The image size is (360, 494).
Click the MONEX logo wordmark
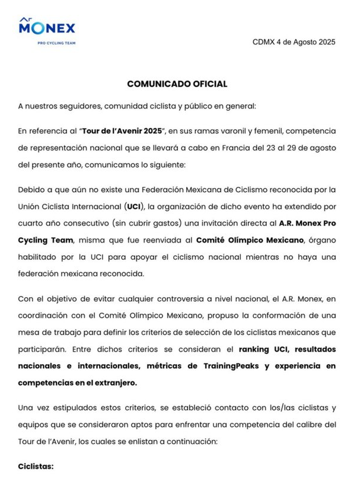click(47, 28)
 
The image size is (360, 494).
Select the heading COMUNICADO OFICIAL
click(177, 84)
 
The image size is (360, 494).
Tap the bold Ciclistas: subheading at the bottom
click(36, 466)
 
